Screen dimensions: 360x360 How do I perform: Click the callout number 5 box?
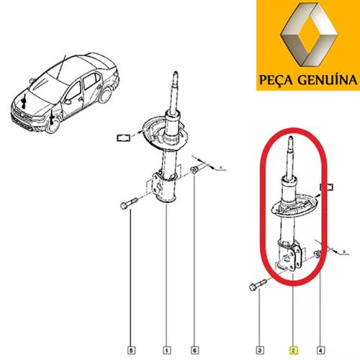click(131, 350)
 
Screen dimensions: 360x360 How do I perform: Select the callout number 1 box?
click(167, 350)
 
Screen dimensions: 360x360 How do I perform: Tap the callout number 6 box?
click(194, 350)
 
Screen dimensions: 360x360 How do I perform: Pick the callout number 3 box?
click(260, 350)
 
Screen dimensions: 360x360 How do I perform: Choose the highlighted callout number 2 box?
click(294, 350)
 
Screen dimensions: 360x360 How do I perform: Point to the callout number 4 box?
click(320, 350)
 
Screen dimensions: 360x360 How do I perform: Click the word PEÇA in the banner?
click(276, 80)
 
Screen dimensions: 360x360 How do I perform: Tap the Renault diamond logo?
click(309, 37)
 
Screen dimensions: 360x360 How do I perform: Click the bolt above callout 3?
click(258, 285)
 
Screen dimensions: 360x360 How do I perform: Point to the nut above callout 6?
click(194, 170)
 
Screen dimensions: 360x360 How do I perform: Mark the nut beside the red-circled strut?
click(317, 254)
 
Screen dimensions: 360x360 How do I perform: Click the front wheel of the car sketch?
click(53, 123)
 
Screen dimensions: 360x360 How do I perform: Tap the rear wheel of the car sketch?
click(105, 95)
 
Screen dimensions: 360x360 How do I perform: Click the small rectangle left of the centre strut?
click(123, 138)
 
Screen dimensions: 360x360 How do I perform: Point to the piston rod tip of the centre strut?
click(176, 73)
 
